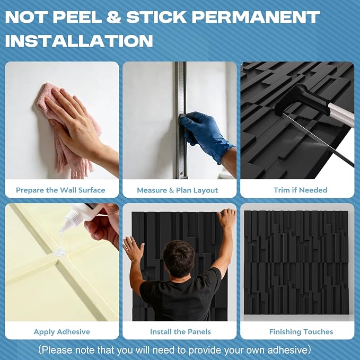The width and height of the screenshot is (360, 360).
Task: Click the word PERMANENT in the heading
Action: (256, 17)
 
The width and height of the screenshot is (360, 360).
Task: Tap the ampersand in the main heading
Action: (113, 17)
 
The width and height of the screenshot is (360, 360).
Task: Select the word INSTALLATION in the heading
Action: (79, 41)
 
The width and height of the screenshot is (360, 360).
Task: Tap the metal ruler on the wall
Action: (181, 120)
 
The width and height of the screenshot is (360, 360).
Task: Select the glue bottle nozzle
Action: (69, 219)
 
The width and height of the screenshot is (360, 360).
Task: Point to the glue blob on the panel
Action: (60, 253)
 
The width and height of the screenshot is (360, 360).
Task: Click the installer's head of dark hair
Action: (179, 257)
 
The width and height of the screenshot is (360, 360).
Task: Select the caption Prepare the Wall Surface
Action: (60, 190)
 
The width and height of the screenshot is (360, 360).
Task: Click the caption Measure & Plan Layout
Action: (178, 190)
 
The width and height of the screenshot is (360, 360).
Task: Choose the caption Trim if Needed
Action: (300, 190)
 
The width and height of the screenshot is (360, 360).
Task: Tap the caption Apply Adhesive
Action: (62, 332)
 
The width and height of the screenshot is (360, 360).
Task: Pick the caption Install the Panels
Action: (180, 332)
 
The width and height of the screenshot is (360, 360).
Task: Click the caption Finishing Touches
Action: (301, 332)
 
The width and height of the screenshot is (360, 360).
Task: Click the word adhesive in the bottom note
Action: (287, 350)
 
